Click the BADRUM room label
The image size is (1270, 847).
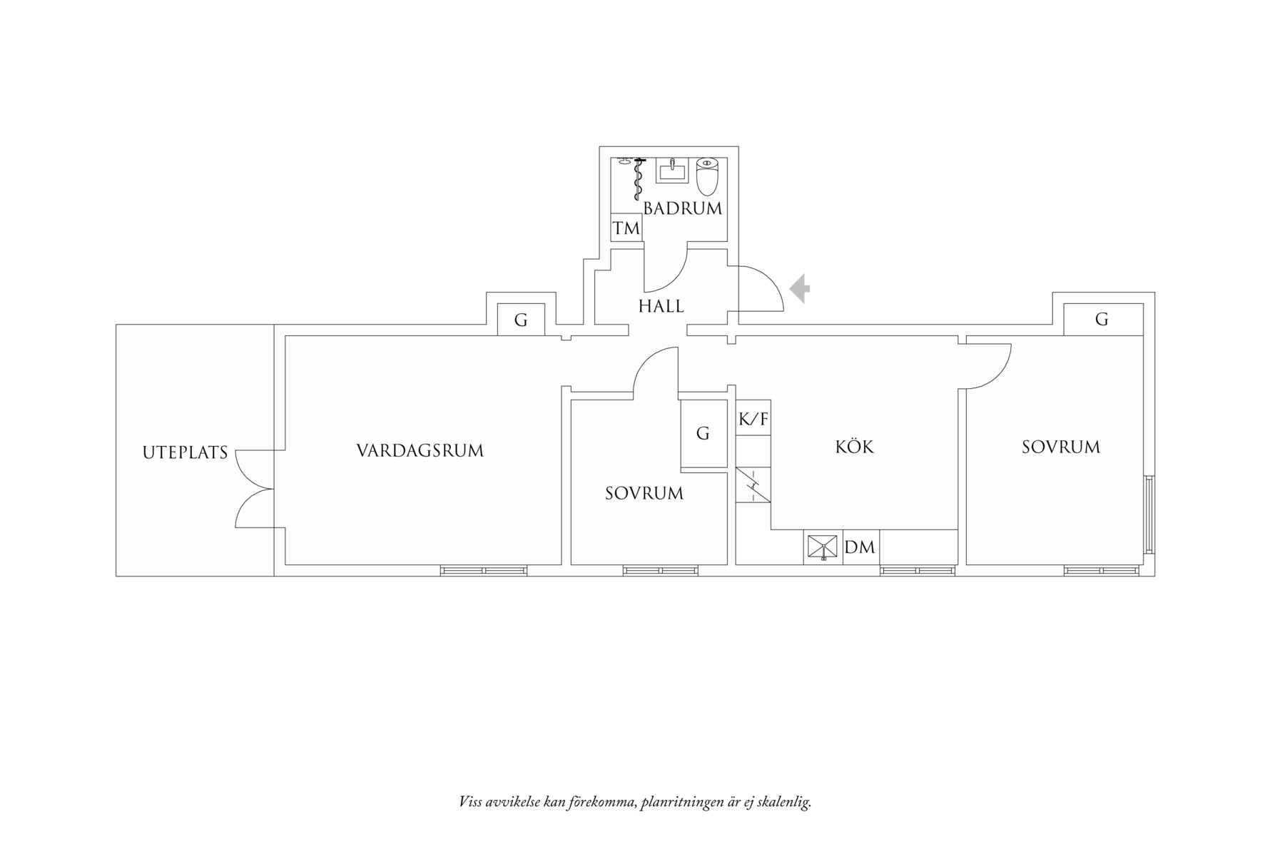(x=683, y=208)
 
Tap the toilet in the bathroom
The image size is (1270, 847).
(x=706, y=176)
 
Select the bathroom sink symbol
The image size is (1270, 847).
(x=672, y=171)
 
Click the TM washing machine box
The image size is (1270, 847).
(x=626, y=229)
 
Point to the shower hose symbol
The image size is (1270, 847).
(x=637, y=178)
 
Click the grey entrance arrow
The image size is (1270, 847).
(x=800, y=289)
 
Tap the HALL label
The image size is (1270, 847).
(x=661, y=306)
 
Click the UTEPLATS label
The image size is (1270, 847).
(x=185, y=452)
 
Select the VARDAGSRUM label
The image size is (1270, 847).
(x=420, y=451)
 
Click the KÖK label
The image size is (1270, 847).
(x=854, y=447)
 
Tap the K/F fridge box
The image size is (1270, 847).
(x=753, y=419)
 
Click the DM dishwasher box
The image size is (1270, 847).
(x=860, y=547)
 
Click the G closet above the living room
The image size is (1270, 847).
(x=521, y=320)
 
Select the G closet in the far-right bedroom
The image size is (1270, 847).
(x=1102, y=319)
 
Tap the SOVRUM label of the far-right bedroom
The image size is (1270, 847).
(x=1060, y=447)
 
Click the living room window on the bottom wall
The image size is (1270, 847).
(x=484, y=570)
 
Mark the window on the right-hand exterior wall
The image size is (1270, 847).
(x=1149, y=514)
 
